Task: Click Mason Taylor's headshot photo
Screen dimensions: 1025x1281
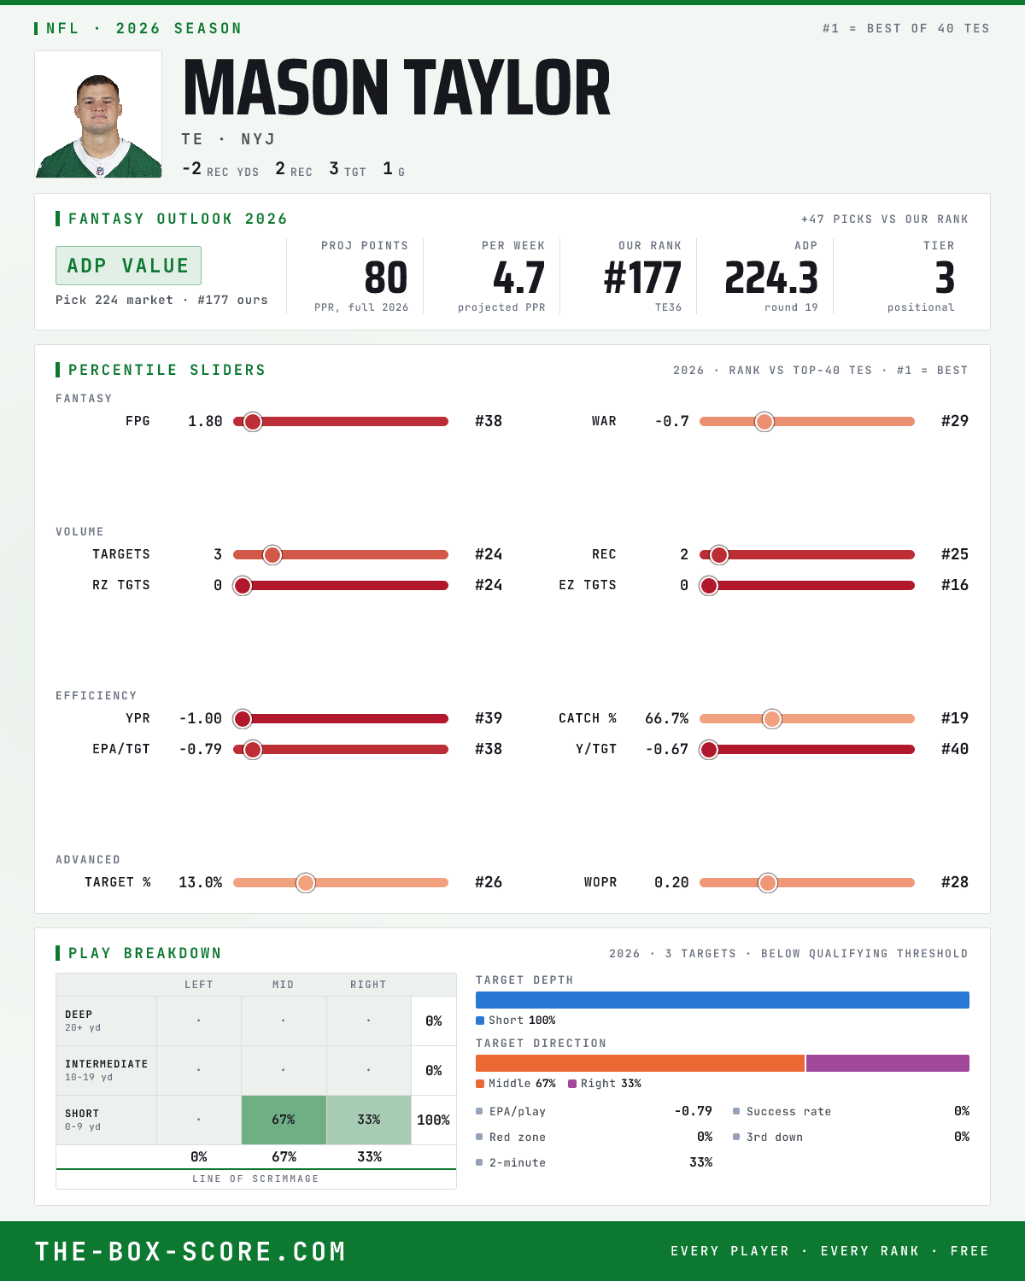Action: click(x=98, y=114)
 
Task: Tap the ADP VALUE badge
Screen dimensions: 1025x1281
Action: click(x=128, y=266)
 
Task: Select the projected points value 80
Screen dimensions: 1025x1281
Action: click(x=386, y=278)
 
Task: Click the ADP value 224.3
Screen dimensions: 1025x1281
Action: click(x=771, y=278)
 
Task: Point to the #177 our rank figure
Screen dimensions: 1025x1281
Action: click(x=642, y=278)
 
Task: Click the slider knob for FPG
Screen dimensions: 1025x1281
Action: click(x=253, y=421)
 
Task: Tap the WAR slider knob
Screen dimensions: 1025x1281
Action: click(x=764, y=421)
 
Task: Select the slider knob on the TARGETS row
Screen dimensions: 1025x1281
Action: click(x=272, y=555)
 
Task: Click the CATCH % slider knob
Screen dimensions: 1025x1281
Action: click(x=772, y=718)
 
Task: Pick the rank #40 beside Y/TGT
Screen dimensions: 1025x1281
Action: click(x=955, y=749)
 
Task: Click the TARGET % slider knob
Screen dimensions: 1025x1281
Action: click(x=306, y=882)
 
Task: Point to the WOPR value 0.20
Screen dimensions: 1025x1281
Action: click(x=671, y=882)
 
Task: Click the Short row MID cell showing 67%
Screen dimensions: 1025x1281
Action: click(x=284, y=1120)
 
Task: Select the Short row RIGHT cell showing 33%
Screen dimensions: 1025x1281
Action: click(x=369, y=1120)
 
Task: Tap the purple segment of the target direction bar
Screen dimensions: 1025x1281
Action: click(x=887, y=1063)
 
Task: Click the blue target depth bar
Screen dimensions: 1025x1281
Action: click(x=723, y=1000)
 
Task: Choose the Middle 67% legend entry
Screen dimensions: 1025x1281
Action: click(x=516, y=1084)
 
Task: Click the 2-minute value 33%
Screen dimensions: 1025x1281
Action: click(x=700, y=1162)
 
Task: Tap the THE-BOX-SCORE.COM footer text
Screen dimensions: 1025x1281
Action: click(x=190, y=1251)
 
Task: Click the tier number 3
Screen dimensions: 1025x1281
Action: click(x=945, y=278)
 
